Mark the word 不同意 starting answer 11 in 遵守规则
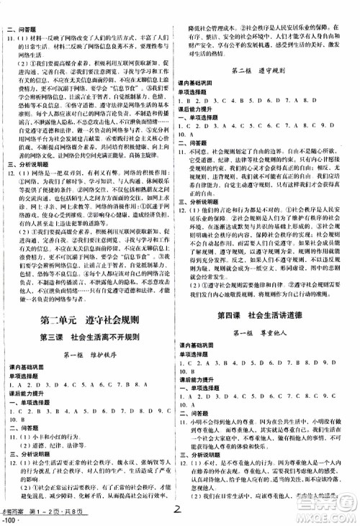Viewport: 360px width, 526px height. click(203, 152)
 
